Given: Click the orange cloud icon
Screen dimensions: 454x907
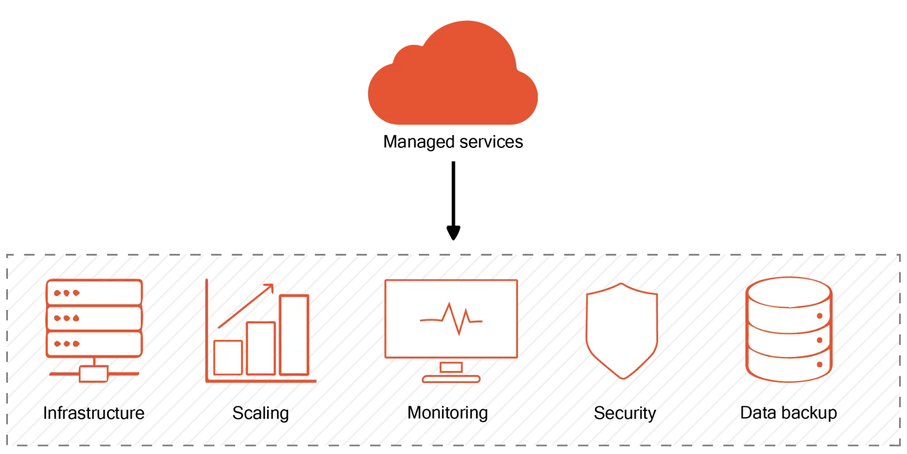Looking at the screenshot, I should [x=453, y=79].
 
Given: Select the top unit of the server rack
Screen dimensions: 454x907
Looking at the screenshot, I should [x=94, y=293].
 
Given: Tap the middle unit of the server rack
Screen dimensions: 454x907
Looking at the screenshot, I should [x=94, y=319].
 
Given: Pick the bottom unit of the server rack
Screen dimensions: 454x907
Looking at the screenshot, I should [x=94, y=343].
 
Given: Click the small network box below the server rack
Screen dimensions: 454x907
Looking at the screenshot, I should [x=94, y=374].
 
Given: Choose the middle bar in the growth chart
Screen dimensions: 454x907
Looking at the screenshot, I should [x=261, y=347].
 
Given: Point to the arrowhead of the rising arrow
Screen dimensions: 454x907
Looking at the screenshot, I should [x=270, y=287].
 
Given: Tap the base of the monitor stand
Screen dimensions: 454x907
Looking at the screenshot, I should [x=451, y=378].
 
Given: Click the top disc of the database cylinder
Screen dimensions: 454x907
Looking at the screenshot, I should [x=789, y=289].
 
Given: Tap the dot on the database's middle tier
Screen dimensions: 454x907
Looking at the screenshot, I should [x=819, y=340].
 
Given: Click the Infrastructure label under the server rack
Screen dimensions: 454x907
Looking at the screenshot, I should [x=94, y=413].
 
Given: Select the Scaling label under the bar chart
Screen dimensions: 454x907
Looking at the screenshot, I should [x=261, y=413].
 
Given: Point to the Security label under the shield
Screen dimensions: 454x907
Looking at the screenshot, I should [x=624, y=413].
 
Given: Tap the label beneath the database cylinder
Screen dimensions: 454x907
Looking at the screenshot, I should [x=789, y=413].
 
